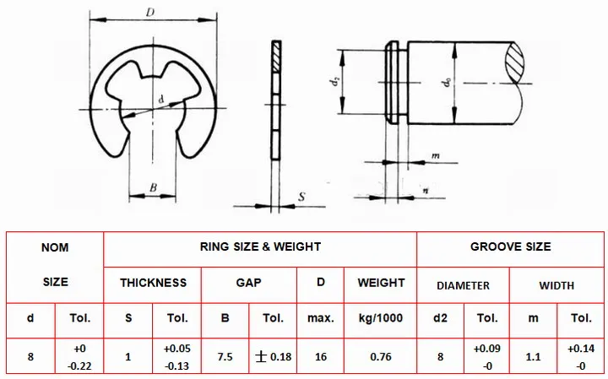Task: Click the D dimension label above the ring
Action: [150, 13]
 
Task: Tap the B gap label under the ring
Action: [153, 187]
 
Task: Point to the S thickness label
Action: [301, 197]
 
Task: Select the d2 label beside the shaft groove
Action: [335, 81]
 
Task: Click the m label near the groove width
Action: [436, 156]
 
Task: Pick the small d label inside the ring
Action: [161, 100]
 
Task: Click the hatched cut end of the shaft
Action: [516, 62]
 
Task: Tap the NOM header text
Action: [55, 247]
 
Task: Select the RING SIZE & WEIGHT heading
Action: [261, 246]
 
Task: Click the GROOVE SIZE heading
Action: [511, 246]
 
